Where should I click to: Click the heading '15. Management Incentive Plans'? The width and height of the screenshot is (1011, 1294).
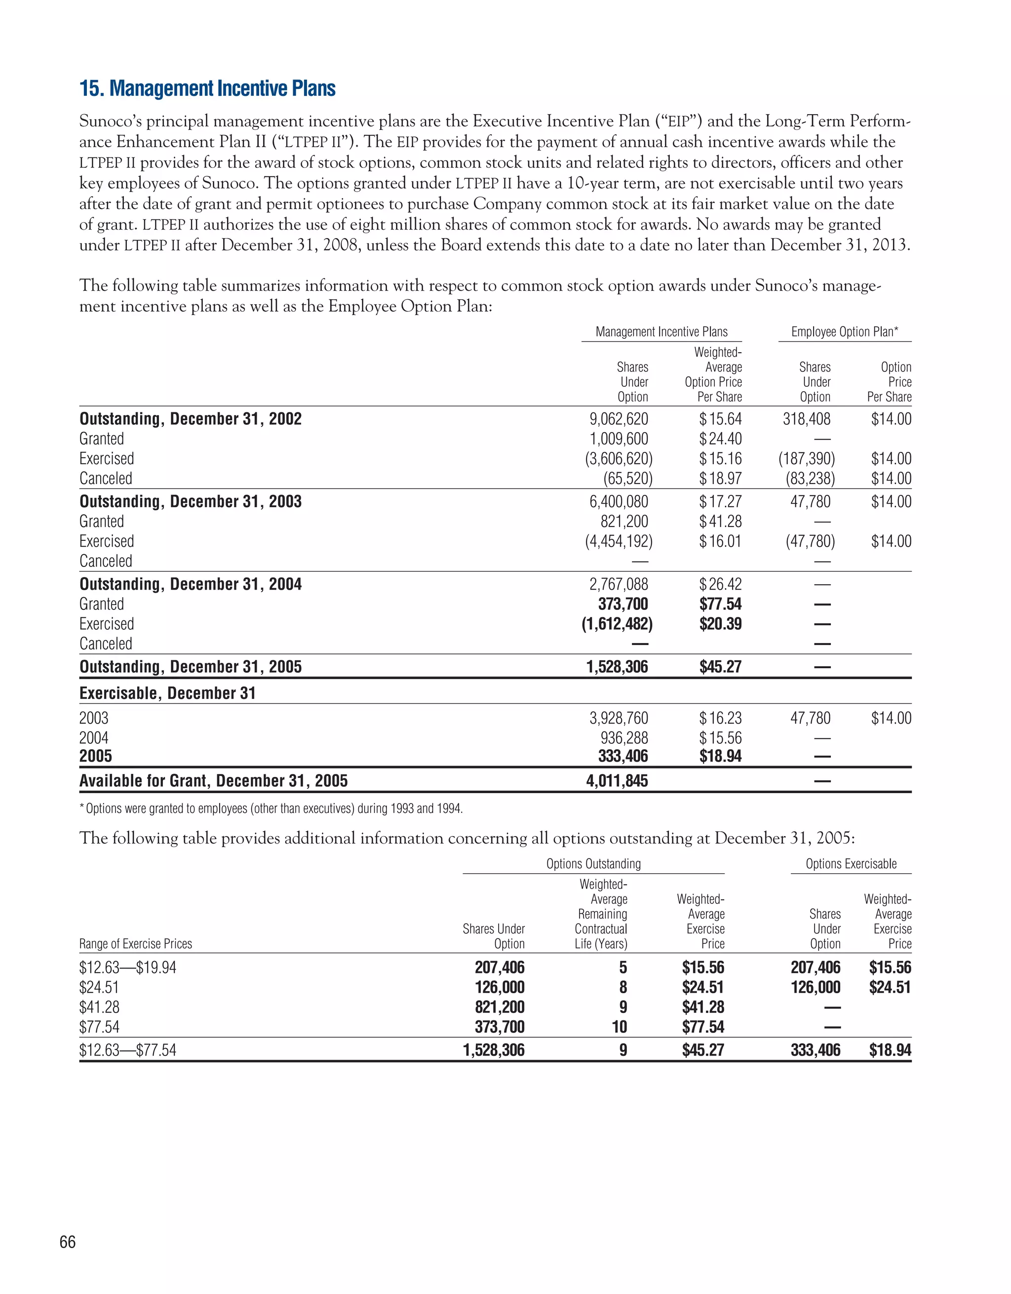click(x=207, y=89)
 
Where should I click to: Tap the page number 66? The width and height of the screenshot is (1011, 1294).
click(x=68, y=1242)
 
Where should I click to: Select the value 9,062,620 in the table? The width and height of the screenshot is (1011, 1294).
click(x=619, y=419)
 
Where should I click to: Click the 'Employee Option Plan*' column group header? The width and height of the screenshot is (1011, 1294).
click(x=845, y=332)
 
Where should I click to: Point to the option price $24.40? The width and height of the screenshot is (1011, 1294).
click(x=720, y=439)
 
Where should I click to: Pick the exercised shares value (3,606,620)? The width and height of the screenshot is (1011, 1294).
click(x=619, y=459)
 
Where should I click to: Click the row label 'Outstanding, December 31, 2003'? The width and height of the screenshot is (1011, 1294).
click(x=190, y=502)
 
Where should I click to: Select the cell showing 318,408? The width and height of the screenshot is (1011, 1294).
click(x=806, y=419)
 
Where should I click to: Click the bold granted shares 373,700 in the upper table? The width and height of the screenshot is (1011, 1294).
click(x=622, y=605)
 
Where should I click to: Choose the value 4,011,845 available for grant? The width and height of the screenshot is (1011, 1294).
click(x=617, y=781)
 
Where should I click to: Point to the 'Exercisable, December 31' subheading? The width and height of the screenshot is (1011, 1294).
click(x=168, y=693)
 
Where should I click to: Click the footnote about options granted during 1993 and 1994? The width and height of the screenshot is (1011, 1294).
click(x=271, y=809)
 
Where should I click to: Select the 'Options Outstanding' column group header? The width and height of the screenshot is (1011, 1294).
click(x=593, y=864)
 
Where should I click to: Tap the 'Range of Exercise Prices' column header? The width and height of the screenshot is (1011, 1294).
click(x=136, y=944)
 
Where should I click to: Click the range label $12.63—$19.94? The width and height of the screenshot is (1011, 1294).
click(x=128, y=968)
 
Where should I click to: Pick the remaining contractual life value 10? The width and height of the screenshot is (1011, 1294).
click(x=619, y=1027)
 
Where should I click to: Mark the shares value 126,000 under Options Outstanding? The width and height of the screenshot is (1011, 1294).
click(x=499, y=987)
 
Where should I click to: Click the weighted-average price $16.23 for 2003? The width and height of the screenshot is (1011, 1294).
click(x=720, y=718)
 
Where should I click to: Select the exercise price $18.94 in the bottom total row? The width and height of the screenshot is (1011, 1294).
click(x=890, y=1050)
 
